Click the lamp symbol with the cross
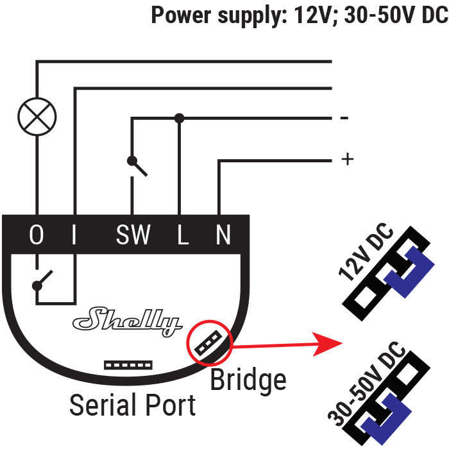tap(37, 115)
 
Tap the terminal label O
tap(37, 235)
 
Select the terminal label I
tap(74, 235)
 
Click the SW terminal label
tap(133, 235)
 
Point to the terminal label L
tap(183, 235)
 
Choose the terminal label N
tap(223, 235)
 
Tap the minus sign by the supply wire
tap(344, 118)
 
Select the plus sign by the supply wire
tap(348, 159)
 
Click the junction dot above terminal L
tap(180, 118)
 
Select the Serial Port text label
tap(132, 405)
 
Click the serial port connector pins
tap(128, 364)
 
